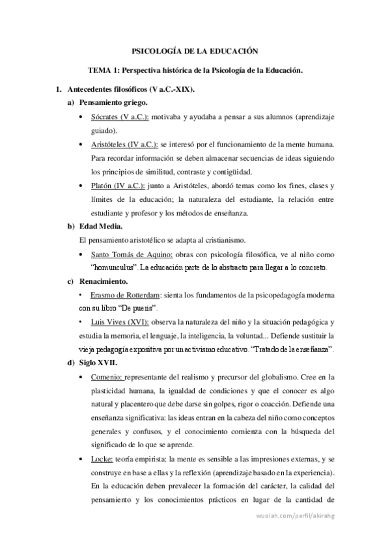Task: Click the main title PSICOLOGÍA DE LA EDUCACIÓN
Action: (195, 50)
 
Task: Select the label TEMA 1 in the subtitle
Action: (104, 70)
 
